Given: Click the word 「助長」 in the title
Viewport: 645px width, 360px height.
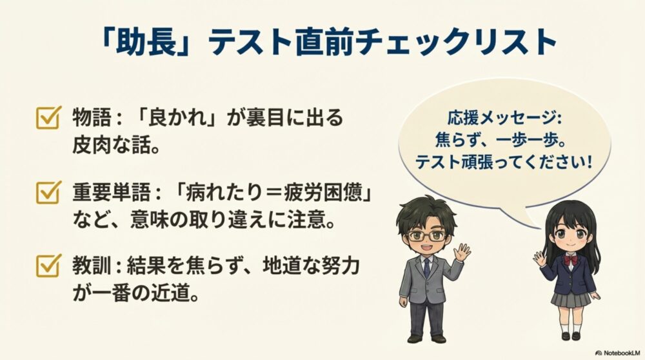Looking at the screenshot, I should point(139,43).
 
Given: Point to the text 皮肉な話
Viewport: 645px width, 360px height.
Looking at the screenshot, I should point(116,145).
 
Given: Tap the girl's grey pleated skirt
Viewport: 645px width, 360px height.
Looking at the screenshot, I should point(570,297).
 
